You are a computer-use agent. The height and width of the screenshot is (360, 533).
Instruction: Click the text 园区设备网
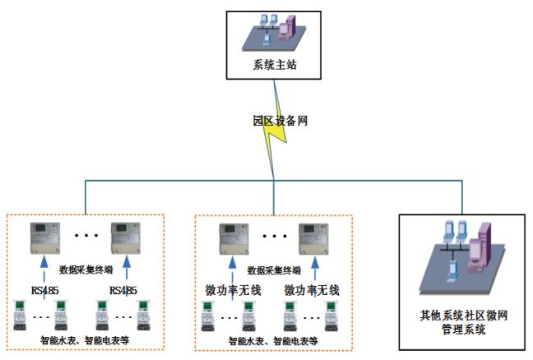pyautogui.click(x=280, y=120)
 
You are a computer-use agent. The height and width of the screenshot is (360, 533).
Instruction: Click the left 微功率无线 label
pyautogui.click(x=232, y=290)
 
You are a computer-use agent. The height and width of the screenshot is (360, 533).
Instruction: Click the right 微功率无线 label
pyautogui.click(x=312, y=290)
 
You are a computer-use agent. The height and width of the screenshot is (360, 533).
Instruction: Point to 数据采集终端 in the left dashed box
pyautogui.click(x=87, y=269)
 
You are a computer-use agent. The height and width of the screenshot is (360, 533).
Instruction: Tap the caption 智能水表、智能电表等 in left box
pyautogui.click(x=86, y=339)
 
